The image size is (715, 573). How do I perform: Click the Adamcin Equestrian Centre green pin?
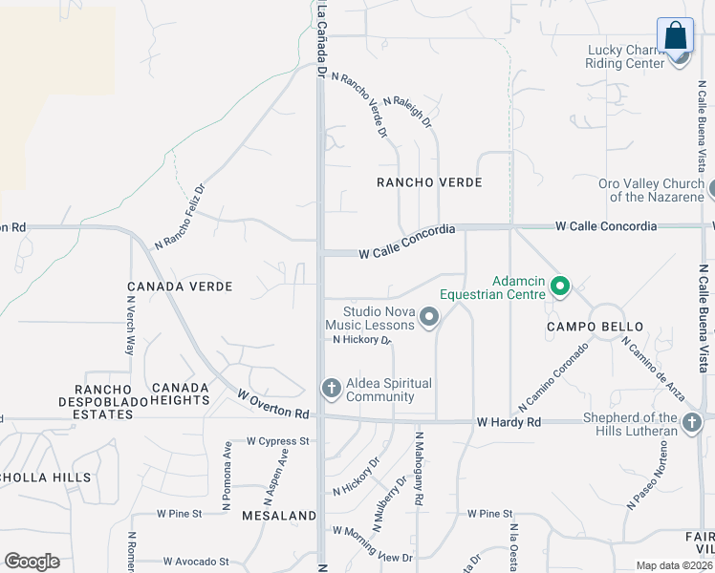coord(560,286)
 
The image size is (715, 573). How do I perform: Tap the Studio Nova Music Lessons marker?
coord(429,317)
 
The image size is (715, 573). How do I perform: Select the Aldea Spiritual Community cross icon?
coord(331,388)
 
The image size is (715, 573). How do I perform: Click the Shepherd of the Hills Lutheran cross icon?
coord(693,422)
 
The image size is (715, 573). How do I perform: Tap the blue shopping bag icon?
coord(675,35)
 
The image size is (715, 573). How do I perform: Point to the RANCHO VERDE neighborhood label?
coord(429,182)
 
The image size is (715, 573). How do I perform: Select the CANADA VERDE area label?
coord(180,286)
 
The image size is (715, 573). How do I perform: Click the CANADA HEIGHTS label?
coord(180,393)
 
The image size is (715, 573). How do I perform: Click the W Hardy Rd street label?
coord(509,421)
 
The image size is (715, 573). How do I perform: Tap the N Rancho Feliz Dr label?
coord(180,218)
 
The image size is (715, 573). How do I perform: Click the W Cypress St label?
coord(278,441)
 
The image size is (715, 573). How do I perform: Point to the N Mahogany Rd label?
coord(419,468)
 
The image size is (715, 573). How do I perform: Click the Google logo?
coord(32,562)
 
